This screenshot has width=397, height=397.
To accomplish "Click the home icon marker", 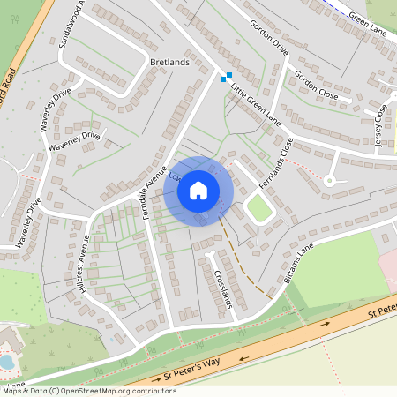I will tap(198, 191).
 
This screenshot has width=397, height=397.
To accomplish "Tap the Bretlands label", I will tap(169, 63).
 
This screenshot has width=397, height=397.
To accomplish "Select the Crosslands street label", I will tap(222, 287).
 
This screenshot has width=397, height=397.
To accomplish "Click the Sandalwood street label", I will tap(69, 25).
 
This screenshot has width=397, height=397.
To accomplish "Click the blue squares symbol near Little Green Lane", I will tap(226, 77).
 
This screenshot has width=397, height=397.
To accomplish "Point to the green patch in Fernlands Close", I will tap(258, 209).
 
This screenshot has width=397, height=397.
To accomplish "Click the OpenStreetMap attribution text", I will tap(78, 390).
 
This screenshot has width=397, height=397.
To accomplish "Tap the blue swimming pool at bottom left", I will tap(7, 362).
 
